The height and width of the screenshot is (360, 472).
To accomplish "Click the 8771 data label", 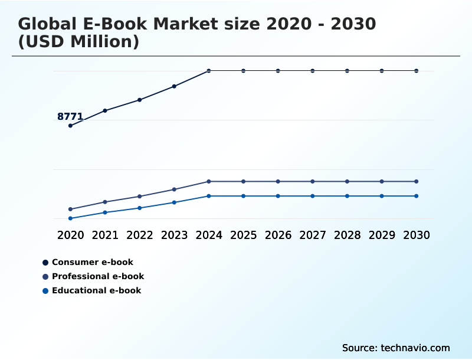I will (x=70, y=117).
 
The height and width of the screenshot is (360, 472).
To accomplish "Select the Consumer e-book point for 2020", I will (x=70, y=126).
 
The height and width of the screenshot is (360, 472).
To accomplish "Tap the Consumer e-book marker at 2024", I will (x=209, y=71).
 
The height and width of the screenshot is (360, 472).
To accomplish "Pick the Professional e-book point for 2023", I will (x=174, y=189).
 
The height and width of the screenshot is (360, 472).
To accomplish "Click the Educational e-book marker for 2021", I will (x=105, y=212).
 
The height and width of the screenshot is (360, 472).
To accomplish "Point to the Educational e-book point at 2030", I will (x=417, y=196).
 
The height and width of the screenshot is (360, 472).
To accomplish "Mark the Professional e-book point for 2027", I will (x=313, y=181).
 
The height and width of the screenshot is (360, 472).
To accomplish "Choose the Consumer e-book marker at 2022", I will (x=140, y=100).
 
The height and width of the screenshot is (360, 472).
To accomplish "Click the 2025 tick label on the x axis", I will (x=243, y=235).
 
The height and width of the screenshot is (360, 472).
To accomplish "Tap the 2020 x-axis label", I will (x=70, y=235).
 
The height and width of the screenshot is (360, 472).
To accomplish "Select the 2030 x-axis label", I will (x=417, y=235).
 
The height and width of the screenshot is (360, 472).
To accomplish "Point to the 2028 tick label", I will (x=347, y=235).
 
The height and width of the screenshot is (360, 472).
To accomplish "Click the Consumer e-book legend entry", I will (x=92, y=262).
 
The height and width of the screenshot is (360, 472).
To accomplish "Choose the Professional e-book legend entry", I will (x=97, y=276).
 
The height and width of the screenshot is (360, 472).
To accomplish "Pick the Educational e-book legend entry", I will (x=96, y=290).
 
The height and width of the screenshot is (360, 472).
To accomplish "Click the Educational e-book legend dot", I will (x=45, y=290).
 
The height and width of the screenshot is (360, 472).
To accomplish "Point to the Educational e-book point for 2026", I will (x=278, y=196).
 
